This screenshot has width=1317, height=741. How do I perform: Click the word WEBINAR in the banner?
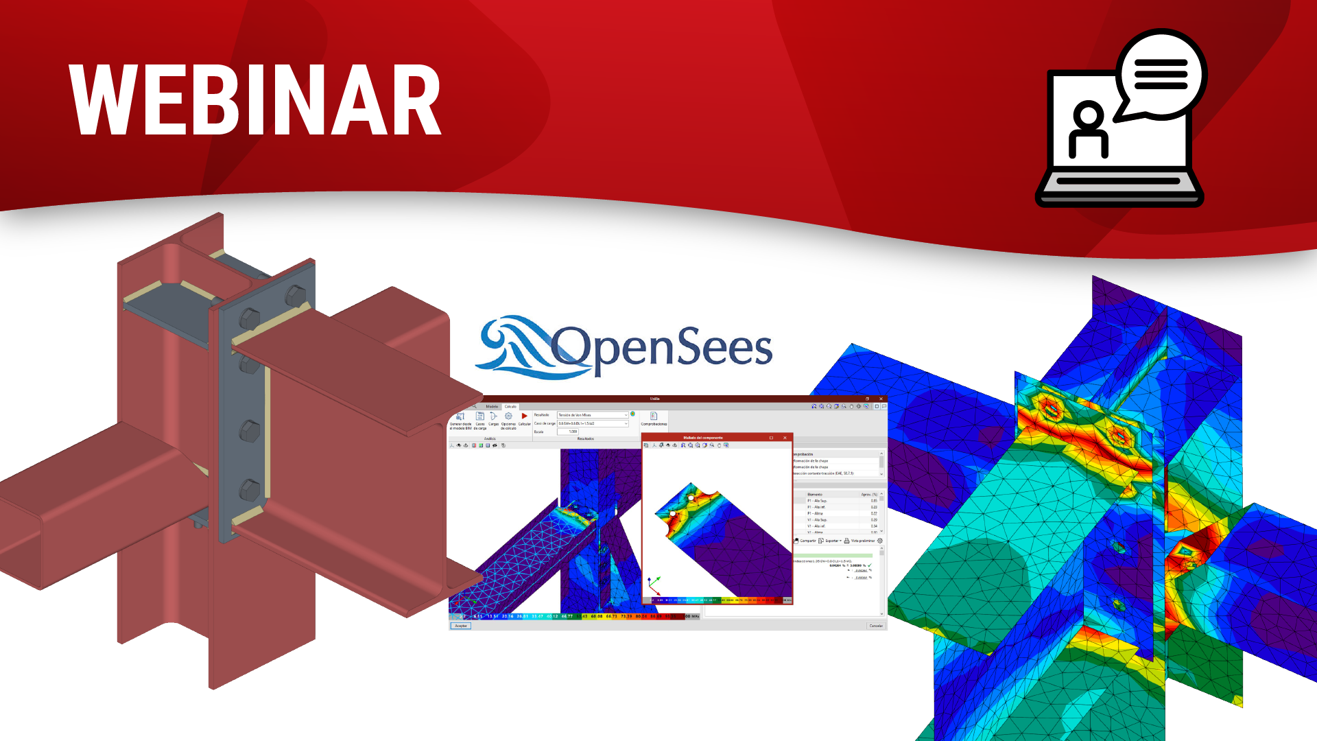255,101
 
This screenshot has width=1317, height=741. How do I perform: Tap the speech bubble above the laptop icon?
1161,74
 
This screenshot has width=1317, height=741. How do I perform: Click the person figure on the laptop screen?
1089,130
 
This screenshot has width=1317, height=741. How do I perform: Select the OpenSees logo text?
662,349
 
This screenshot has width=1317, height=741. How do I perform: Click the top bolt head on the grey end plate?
295,296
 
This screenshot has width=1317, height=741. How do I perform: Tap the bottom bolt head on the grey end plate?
249,490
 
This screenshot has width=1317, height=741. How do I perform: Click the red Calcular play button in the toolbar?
524,416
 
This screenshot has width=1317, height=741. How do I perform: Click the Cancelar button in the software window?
876,626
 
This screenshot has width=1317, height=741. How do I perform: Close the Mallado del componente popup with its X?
785,438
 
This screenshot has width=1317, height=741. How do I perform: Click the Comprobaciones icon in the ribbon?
654,417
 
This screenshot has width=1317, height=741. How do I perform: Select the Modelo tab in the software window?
492,406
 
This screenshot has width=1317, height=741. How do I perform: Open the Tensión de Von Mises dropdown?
593,415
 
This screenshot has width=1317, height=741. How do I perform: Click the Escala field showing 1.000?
568,432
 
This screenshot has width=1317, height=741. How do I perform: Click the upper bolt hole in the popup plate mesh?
691,497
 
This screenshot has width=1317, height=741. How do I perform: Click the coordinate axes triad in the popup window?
654,585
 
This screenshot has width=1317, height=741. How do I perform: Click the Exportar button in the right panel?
830,541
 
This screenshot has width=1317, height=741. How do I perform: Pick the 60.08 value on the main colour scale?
597,616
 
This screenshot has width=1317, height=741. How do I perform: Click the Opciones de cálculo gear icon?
508,416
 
